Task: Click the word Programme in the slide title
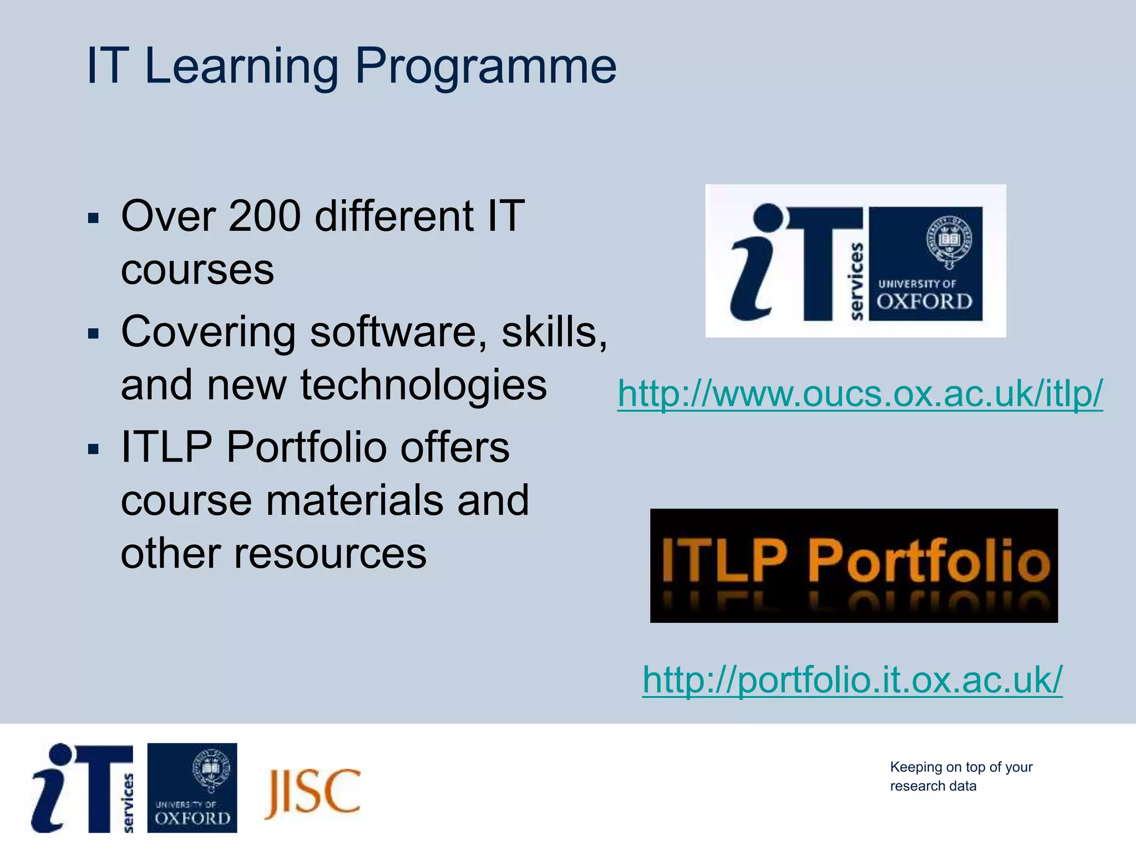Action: (485, 67)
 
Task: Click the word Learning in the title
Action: (241, 67)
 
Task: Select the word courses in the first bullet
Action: (197, 270)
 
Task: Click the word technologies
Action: (423, 385)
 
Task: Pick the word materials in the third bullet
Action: (355, 500)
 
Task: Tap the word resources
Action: (330, 554)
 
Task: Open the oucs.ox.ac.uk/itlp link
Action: (860, 394)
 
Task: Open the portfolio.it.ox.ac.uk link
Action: (852, 679)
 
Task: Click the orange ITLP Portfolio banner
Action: (854, 565)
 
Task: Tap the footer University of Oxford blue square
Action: (192, 788)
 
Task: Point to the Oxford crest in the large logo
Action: (949, 241)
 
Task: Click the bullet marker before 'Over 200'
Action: (93, 217)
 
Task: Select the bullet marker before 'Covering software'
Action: (93, 333)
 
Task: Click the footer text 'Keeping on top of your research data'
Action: (961, 776)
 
